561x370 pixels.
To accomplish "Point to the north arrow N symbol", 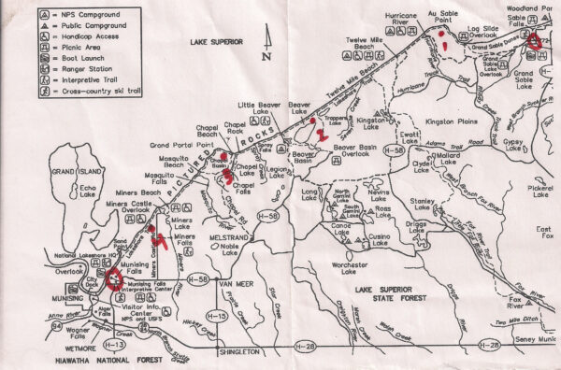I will click(x=267, y=54).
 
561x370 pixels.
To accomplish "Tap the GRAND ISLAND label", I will click(x=70, y=173).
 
